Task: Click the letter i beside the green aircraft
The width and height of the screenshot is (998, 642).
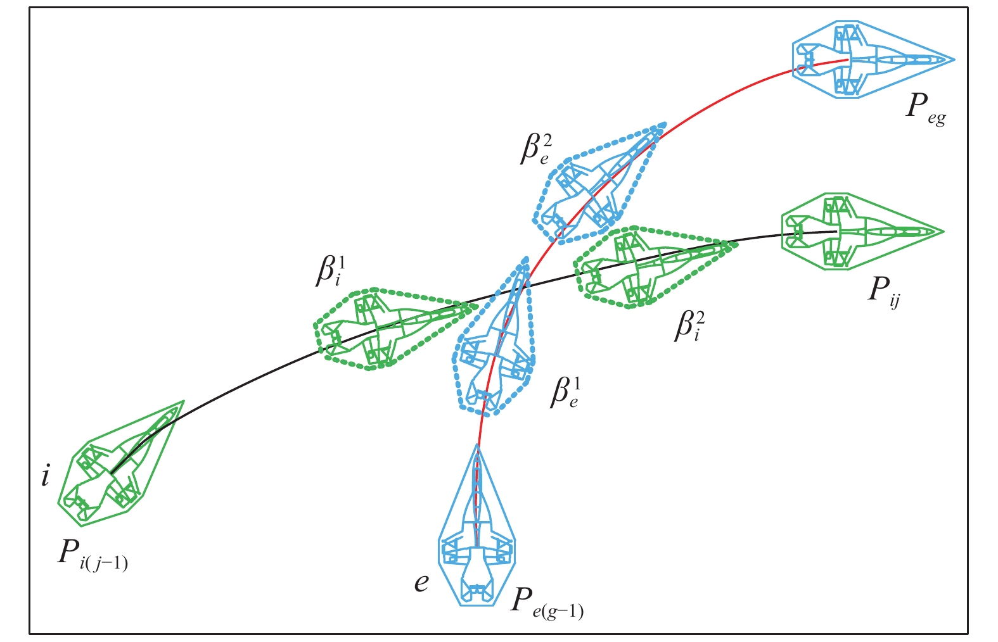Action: click(x=45, y=475)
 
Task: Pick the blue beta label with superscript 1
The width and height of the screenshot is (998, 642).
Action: click(x=565, y=393)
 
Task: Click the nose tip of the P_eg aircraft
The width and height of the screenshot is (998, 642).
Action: click(x=954, y=60)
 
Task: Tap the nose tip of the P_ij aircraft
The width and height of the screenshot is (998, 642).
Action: click(x=944, y=232)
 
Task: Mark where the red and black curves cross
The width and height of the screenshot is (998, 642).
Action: click(x=521, y=288)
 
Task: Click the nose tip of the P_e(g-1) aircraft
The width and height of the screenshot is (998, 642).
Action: click(x=477, y=445)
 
